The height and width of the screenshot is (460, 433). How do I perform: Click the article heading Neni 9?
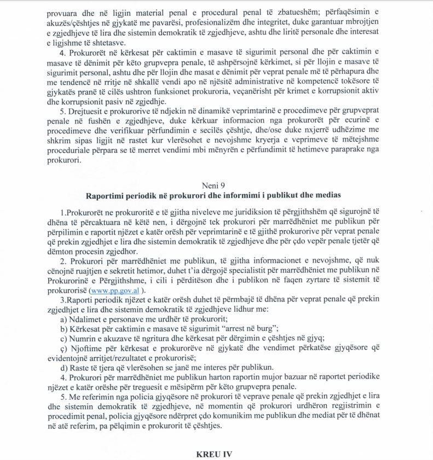tap(217, 185)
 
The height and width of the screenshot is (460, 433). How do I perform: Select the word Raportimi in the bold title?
tap(103, 195)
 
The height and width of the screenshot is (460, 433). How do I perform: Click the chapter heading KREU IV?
tap(216, 454)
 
